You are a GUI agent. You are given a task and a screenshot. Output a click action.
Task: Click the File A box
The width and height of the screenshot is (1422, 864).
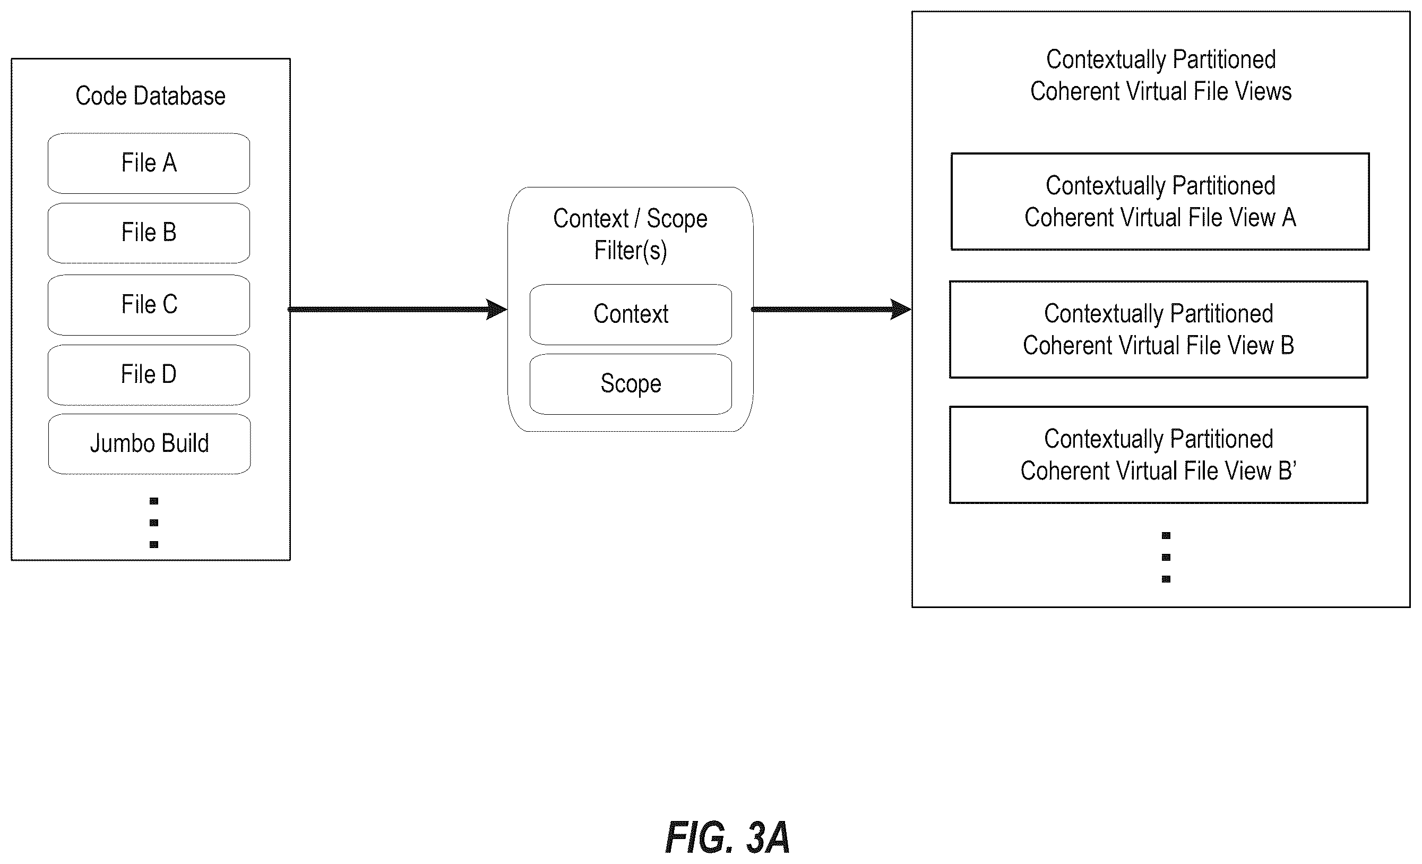[x=149, y=164]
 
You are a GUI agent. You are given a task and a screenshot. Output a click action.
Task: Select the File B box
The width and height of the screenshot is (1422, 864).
[x=149, y=233]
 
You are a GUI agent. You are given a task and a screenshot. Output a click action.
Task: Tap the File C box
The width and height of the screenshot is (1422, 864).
[x=149, y=305]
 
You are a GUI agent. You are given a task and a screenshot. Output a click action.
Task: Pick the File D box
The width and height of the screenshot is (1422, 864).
[x=149, y=375]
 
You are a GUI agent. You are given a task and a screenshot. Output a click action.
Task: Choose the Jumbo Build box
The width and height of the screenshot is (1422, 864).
[x=150, y=444]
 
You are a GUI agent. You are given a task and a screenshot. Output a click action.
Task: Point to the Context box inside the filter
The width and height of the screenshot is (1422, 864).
[x=631, y=315]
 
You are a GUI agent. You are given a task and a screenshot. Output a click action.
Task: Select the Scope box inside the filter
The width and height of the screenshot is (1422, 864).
[x=631, y=384]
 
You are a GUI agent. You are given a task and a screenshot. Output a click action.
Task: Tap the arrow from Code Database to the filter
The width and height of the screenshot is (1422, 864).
[x=398, y=310]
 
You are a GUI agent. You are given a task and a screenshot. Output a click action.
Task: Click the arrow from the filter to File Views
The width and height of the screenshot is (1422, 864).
[x=832, y=310]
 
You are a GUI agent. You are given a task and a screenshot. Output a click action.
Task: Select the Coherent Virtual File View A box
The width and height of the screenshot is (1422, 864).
[x=1160, y=202]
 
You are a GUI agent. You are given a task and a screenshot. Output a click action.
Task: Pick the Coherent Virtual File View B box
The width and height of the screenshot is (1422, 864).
[x=1159, y=330]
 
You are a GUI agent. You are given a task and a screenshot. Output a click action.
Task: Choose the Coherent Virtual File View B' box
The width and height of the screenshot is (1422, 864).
[x=1159, y=455]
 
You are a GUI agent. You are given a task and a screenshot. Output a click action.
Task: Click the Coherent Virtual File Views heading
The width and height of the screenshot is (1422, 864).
[x=1161, y=75]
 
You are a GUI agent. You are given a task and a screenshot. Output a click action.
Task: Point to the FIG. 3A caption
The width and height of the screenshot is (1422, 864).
[x=728, y=837]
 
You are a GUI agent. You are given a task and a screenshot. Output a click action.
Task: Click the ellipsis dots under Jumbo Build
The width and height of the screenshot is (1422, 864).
[x=153, y=523]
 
